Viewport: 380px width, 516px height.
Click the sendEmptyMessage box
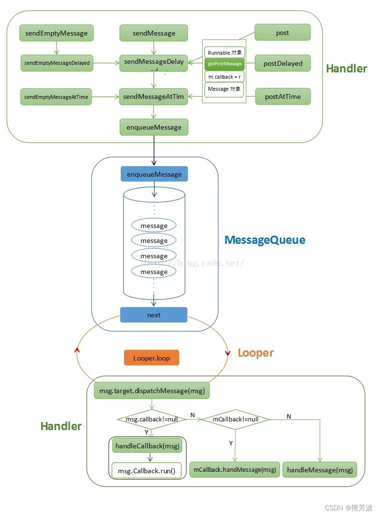point(56,33)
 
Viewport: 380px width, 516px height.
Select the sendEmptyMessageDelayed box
point(57,63)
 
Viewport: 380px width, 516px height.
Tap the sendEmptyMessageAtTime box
point(56,96)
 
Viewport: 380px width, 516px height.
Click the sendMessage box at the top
point(154,33)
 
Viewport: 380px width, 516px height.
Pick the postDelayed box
point(283,63)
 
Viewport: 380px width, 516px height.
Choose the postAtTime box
point(283,96)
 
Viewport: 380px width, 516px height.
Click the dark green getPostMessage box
point(224,63)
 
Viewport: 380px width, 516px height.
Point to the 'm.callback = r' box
point(224,77)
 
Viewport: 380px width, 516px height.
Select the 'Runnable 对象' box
point(224,52)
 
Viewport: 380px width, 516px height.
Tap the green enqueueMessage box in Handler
point(154,127)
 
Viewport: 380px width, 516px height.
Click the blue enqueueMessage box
point(154,174)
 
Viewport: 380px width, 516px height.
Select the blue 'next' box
point(154,315)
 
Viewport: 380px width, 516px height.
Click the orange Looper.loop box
point(151,358)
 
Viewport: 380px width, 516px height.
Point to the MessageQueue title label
point(265,240)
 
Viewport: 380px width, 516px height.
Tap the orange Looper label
point(255,353)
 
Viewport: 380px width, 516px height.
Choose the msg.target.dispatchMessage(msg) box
point(152,391)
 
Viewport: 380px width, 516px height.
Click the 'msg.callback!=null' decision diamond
point(151,419)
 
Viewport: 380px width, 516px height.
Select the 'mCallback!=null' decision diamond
point(235,419)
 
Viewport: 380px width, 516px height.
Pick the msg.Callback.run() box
point(147,471)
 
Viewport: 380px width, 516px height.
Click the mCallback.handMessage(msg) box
point(235,469)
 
